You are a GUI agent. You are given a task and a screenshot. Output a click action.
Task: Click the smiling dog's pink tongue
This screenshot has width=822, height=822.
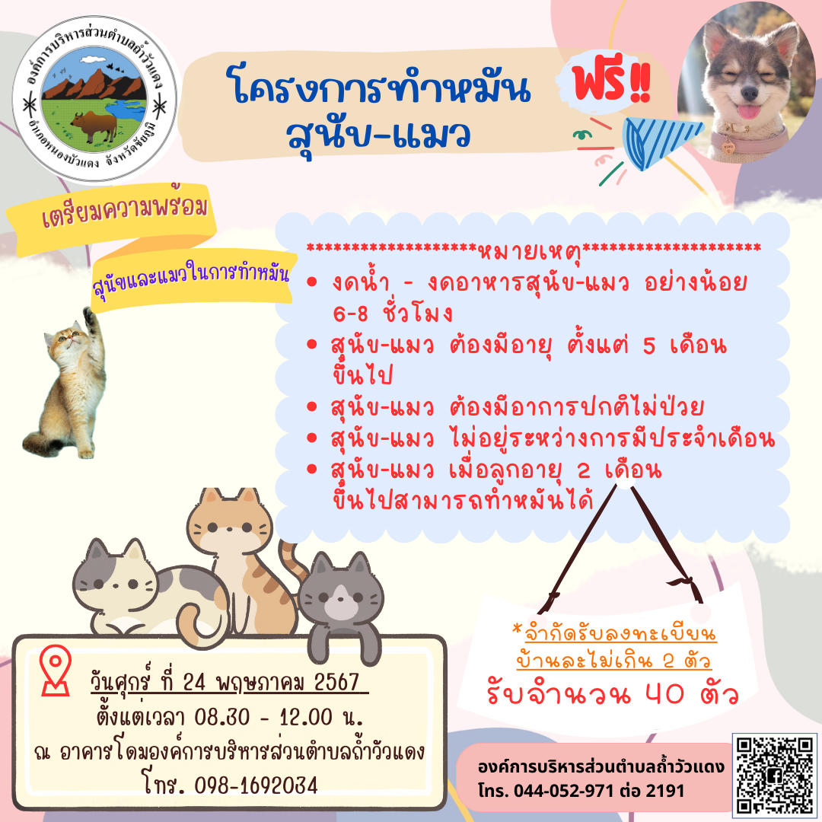click(748, 112)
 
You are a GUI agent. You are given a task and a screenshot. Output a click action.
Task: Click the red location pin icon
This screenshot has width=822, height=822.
click(56, 670)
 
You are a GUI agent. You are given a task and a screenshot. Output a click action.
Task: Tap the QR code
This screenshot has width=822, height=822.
click(774, 775)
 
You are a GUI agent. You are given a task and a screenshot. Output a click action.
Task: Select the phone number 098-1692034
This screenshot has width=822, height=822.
click(256, 785)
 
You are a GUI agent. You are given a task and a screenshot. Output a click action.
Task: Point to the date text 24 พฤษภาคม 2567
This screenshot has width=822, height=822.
click(272, 683)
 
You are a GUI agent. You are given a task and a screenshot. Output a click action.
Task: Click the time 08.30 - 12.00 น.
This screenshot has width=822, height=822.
click(279, 717)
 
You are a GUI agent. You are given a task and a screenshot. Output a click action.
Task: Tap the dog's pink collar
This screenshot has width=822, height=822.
click(750, 141)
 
